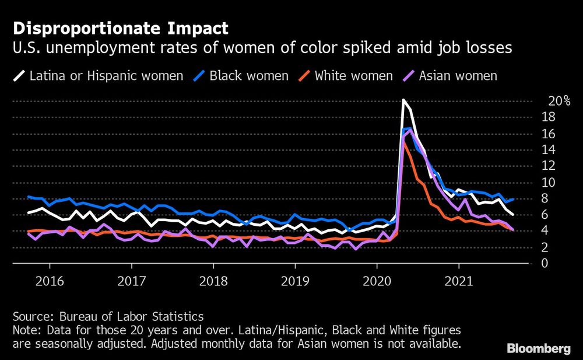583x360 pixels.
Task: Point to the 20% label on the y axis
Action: (x=559, y=102)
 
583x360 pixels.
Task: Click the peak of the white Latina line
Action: (x=403, y=100)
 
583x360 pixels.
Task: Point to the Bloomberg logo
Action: (x=539, y=349)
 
